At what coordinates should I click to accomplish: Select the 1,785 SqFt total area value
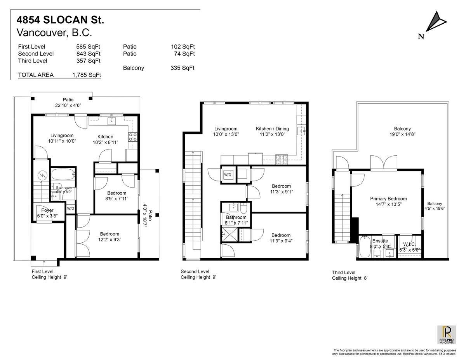pos(87,75)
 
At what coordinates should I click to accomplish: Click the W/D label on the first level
pos(71,209)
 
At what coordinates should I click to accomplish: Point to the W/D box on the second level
pos(228,175)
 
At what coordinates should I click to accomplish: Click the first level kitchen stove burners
pos(132,136)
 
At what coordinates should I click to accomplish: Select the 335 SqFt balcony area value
pos(183,68)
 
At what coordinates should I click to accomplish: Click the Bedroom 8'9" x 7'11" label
pos(116,196)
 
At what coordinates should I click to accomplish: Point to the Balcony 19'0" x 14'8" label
pos(402,131)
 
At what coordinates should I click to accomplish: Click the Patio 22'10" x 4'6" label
pos(68,103)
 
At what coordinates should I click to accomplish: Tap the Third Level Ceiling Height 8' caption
pos(349,275)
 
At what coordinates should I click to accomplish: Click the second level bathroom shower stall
pos(227,235)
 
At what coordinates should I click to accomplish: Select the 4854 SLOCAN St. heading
pos(60,19)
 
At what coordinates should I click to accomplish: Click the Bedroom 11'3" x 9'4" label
pos(281,238)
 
